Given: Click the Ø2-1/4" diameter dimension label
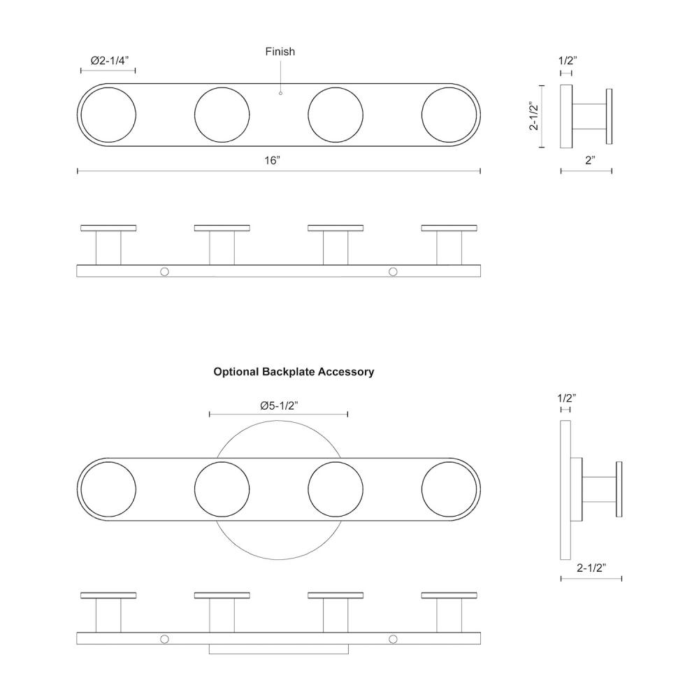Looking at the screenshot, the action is coord(110,61).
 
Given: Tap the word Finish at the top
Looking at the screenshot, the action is coord(280,52).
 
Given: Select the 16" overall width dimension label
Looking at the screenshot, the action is coord(273,161).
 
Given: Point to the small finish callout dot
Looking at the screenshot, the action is coord(280,93).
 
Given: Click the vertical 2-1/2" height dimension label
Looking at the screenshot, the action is coord(533,116).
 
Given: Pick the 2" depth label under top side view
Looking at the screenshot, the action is coord(590,161).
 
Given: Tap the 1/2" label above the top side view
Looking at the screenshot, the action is coord(568,61).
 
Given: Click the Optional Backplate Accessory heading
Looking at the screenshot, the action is coord(294,372).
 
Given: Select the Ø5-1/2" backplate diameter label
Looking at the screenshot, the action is coord(279,405).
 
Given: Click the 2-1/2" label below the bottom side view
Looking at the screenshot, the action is coord(592,568).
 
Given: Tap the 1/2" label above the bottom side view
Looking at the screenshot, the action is coord(567,398).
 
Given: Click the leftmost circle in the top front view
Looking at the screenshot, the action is coord(108,115).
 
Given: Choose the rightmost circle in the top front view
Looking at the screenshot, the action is coord(449,115).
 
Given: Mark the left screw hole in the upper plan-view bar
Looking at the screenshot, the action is coord(164,271).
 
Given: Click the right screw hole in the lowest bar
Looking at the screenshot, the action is coord(393,640).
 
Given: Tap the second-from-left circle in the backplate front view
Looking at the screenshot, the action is coord(222,489).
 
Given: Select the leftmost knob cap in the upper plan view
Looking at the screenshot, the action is coord(108,229).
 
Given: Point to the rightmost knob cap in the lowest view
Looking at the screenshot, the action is coord(449,596).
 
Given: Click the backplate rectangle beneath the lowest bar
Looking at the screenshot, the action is coord(279,649).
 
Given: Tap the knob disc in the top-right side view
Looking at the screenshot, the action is coord(609,116).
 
